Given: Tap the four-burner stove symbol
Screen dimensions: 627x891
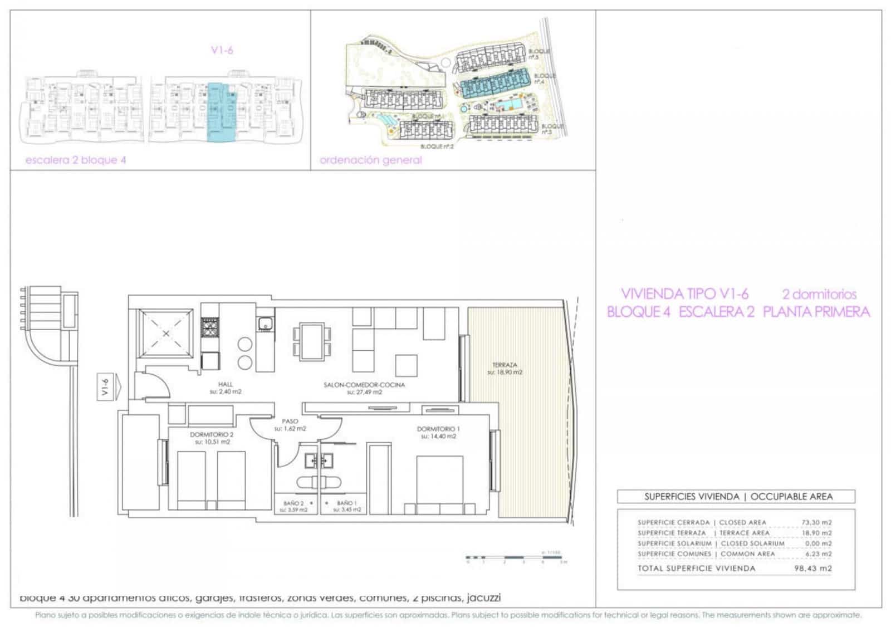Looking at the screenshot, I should tap(209, 327).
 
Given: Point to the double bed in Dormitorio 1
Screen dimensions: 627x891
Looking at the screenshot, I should tap(440, 482).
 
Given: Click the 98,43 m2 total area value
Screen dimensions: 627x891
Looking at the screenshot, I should tap(812, 569).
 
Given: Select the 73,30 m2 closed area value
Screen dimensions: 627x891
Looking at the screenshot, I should tap(816, 522).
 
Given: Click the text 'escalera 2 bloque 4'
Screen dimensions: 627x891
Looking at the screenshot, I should tap(76, 160).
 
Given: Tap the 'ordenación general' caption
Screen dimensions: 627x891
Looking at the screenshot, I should tap(370, 160).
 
